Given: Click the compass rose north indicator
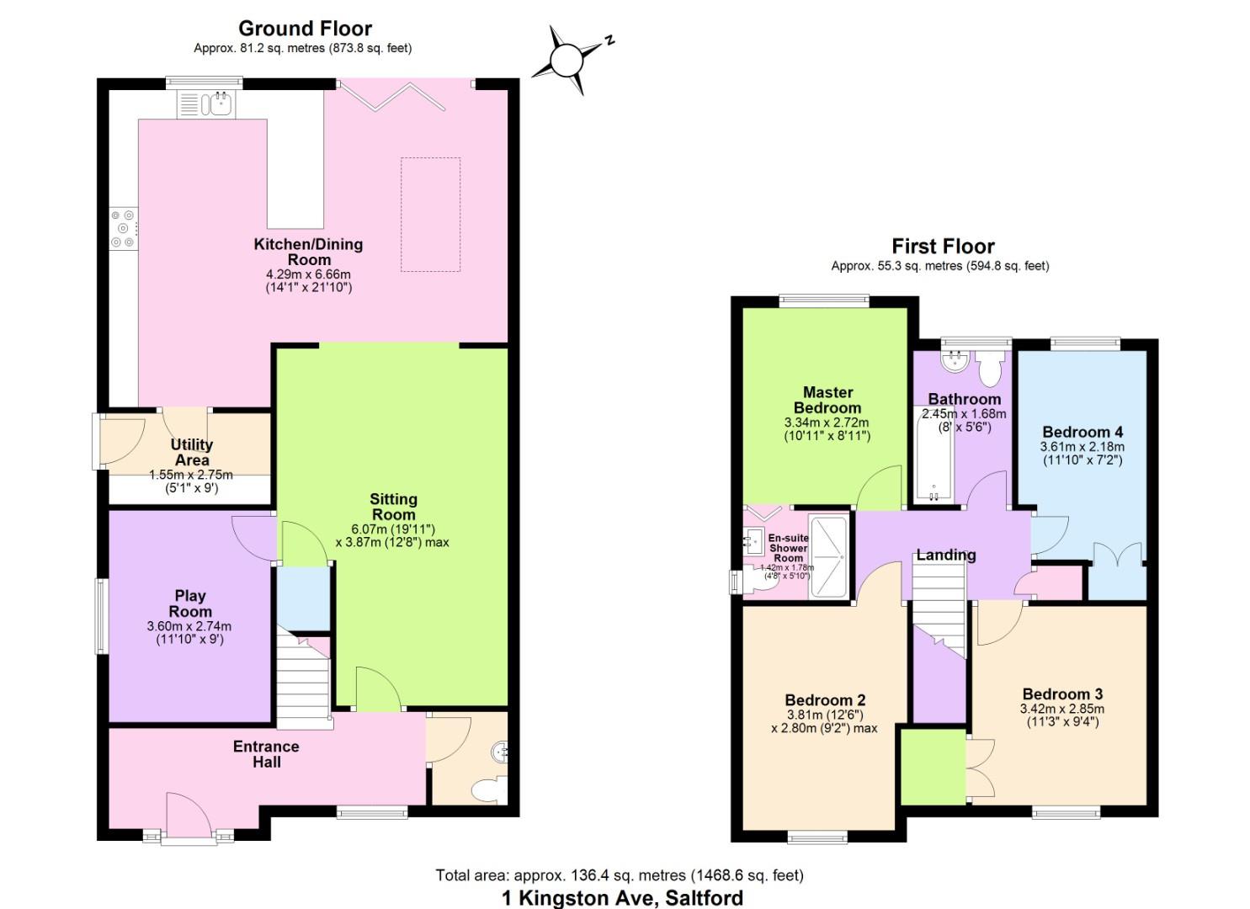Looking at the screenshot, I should (x=567, y=60).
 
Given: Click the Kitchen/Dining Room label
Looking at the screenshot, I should (x=308, y=252).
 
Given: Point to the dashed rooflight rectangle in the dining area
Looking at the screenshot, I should (x=430, y=215).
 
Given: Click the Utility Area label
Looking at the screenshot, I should (x=192, y=452).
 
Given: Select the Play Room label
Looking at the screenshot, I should (x=190, y=603).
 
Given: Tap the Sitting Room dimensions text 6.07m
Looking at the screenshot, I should (x=392, y=529).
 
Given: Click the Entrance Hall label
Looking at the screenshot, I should (x=266, y=754).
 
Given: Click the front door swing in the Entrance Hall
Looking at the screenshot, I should (x=188, y=814).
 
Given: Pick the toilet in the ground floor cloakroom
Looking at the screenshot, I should (x=487, y=789).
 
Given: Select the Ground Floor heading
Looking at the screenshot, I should (x=305, y=29).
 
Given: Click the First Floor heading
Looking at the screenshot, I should (x=943, y=247).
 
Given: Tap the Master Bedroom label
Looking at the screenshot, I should (x=827, y=400).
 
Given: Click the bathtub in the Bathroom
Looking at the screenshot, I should (x=934, y=454).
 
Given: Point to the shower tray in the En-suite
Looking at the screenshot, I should (x=828, y=556).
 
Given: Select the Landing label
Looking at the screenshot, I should (x=946, y=555).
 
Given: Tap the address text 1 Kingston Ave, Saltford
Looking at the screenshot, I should (x=622, y=898).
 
